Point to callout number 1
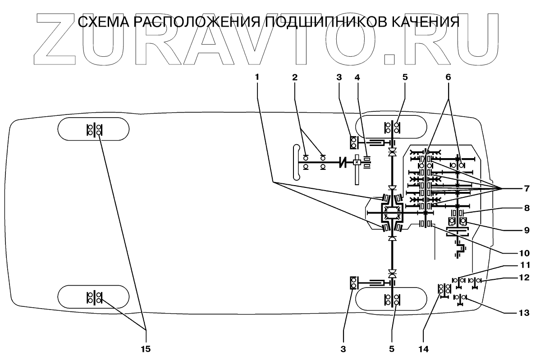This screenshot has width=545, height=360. click(257, 77)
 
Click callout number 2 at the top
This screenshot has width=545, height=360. click(295, 77)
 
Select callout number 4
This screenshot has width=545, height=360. click(357, 77)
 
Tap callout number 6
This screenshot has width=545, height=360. click(448, 77)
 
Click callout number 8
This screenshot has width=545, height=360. click(526, 209)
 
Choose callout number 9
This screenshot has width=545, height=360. click(526, 229)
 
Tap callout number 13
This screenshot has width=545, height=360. click(526, 312)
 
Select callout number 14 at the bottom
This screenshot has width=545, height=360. click(423, 348)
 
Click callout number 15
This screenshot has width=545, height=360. click(146, 348)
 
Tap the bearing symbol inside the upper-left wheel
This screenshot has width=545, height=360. click(94, 129)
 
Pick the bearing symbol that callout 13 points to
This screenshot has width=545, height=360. click(460, 298)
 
